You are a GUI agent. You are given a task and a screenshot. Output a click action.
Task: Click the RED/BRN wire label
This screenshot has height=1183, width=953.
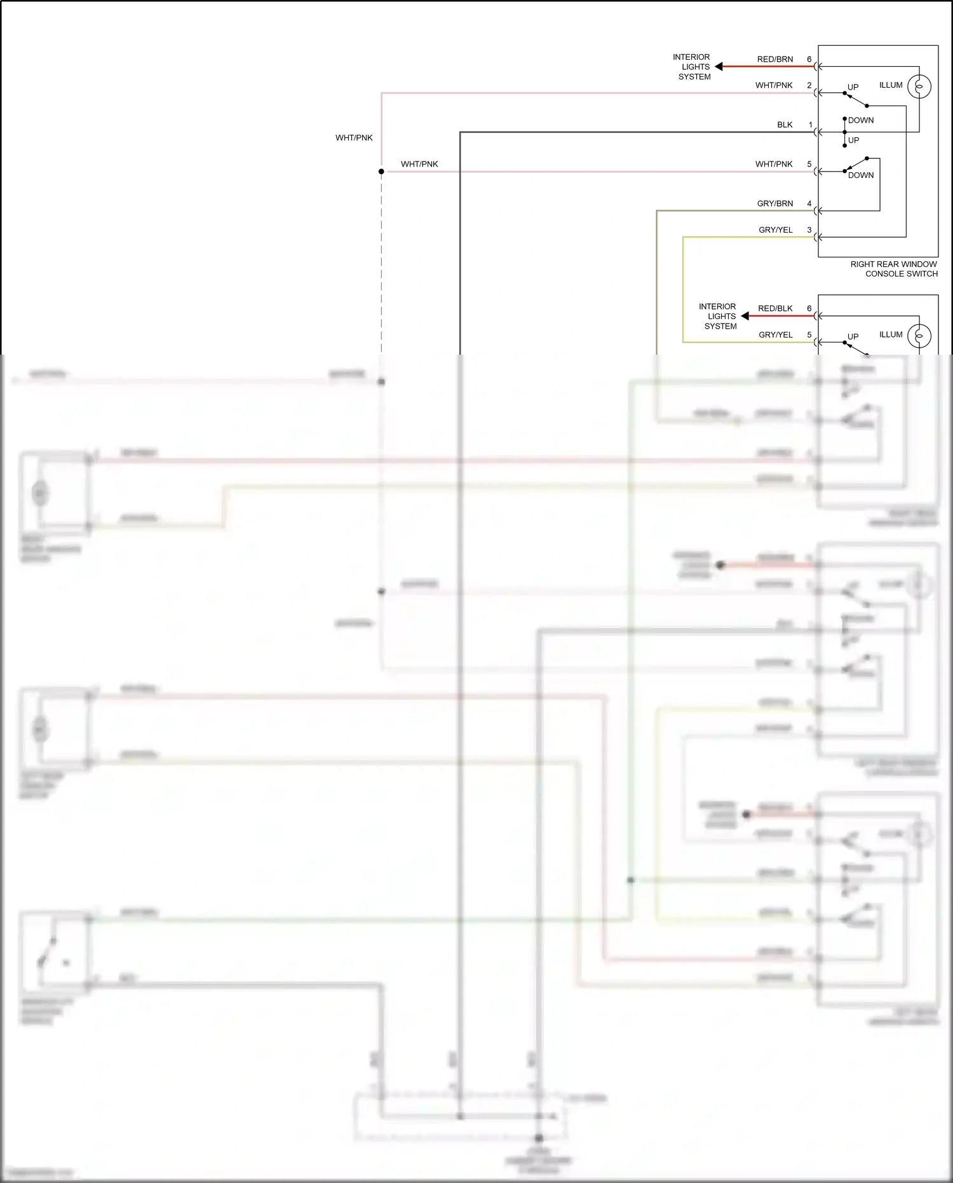[x=774, y=59]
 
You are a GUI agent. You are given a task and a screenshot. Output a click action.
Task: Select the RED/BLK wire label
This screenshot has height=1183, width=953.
[x=775, y=308]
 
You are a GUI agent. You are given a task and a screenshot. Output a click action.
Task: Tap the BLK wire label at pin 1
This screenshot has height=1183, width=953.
[x=785, y=125]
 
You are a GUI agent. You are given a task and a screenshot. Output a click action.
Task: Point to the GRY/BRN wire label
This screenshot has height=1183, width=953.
[x=774, y=203]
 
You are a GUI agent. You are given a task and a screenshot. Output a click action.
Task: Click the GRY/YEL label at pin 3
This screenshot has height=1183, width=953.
[x=775, y=229]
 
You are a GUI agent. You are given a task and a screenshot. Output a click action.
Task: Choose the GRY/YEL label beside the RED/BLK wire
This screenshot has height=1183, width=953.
[x=775, y=334]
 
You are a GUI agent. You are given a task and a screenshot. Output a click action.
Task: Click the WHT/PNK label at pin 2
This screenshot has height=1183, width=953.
[x=774, y=85]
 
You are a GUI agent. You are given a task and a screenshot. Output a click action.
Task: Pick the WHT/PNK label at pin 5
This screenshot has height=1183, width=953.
[x=774, y=164]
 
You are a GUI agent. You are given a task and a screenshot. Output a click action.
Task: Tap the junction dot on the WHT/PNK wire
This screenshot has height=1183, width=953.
[x=381, y=172]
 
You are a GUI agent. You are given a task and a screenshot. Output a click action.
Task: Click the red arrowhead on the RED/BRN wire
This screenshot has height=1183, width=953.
[x=719, y=66]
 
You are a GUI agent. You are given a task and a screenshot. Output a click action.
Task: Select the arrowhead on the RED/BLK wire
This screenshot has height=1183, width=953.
[x=745, y=316]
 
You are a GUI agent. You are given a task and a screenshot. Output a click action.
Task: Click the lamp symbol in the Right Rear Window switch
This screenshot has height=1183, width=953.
[x=919, y=86]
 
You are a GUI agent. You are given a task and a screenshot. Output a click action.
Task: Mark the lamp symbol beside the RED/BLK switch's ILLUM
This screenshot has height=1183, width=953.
[x=919, y=336]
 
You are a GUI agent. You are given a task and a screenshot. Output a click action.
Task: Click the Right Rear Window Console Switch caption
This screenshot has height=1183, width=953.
[x=894, y=269]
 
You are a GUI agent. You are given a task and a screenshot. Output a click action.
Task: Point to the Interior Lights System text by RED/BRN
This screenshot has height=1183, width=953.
[x=692, y=67]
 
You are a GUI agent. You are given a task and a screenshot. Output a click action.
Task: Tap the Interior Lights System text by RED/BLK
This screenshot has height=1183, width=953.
[x=718, y=316]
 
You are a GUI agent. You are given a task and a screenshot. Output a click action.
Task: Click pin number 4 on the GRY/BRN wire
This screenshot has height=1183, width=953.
[x=809, y=203]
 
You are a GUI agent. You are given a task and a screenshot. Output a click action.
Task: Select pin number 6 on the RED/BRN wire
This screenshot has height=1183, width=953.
[x=809, y=59]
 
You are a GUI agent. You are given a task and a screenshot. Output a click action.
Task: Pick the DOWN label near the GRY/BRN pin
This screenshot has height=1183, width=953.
[x=861, y=175]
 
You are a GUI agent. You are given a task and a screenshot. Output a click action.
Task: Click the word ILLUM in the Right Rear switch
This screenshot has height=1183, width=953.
[x=891, y=85]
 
